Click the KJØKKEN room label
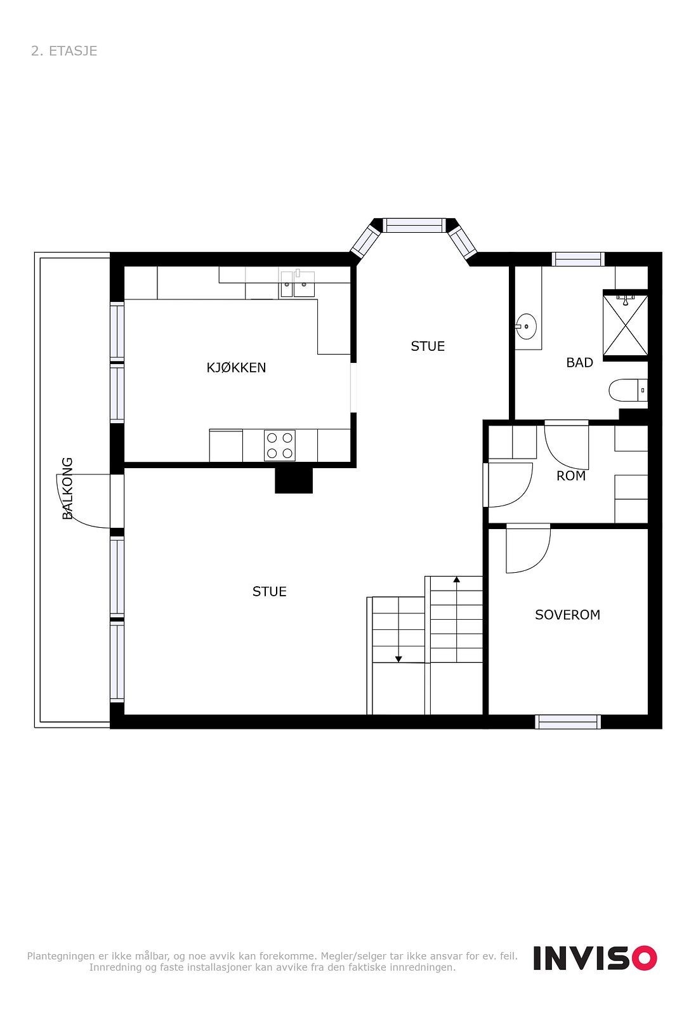click(x=236, y=367)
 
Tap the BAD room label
click(x=579, y=362)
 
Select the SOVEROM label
click(x=567, y=614)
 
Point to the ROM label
click(x=570, y=475)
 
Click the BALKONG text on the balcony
click(x=67, y=488)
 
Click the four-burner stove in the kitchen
click(x=280, y=445)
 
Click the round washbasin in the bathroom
click(x=526, y=327)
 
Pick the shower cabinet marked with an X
click(x=625, y=325)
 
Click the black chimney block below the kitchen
click(x=294, y=480)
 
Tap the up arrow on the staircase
click(x=456, y=579)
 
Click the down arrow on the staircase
click(x=398, y=658)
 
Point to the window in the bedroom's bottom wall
click(x=567, y=721)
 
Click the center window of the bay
click(x=414, y=225)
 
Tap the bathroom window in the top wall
click(x=577, y=259)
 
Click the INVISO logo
click(x=595, y=957)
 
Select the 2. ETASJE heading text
click(x=64, y=51)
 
